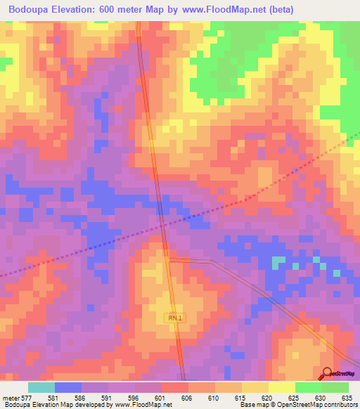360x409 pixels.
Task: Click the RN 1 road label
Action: point(175,318)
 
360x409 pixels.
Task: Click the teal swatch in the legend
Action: point(41,387)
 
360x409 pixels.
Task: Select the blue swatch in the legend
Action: point(67,387)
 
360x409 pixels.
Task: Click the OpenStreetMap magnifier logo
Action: point(327,372)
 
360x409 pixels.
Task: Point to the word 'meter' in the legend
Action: point(11,398)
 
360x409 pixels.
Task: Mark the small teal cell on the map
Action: point(279,261)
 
